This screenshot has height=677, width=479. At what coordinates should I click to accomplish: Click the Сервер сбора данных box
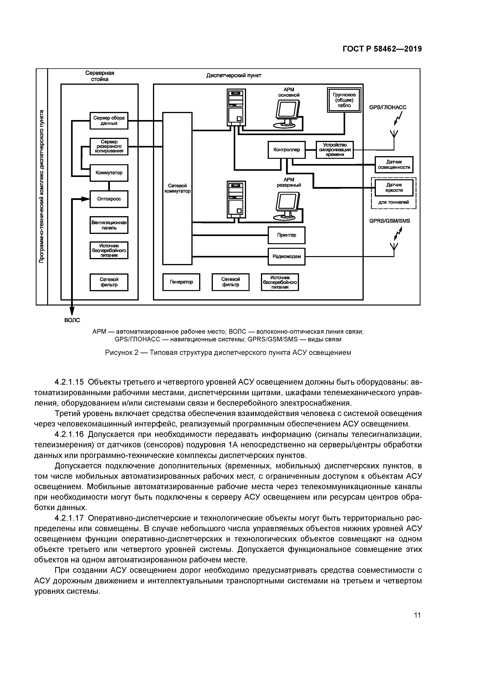[x=109, y=121]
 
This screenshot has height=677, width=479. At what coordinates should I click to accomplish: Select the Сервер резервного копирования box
[x=109, y=146]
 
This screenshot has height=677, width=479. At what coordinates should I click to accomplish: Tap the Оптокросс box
[x=109, y=199]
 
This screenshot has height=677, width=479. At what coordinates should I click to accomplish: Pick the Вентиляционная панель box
[x=109, y=225]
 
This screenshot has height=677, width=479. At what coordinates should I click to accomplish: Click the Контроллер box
[x=287, y=150]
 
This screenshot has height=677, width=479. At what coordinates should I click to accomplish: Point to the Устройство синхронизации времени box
[x=335, y=150]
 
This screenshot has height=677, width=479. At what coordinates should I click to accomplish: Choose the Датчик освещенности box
[x=394, y=165]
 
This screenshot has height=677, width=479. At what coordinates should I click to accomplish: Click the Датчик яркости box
[x=394, y=188]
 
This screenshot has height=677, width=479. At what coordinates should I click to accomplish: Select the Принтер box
[x=287, y=235]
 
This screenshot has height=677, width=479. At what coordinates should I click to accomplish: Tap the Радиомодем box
[x=287, y=256]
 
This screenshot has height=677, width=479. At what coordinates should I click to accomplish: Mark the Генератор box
[x=181, y=282]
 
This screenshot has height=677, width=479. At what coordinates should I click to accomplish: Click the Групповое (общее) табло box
[x=344, y=100]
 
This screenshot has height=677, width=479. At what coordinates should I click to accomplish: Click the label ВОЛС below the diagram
[x=72, y=320]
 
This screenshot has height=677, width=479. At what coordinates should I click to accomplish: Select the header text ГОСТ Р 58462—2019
[x=382, y=49]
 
